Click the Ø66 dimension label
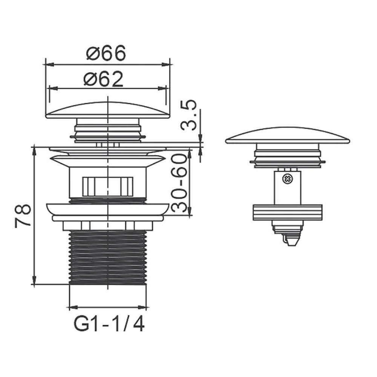106,53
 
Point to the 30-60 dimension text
179,183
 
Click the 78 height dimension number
23,216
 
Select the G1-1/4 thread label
109,324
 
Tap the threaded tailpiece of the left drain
107,257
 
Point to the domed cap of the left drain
108,110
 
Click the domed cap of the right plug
288,136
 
